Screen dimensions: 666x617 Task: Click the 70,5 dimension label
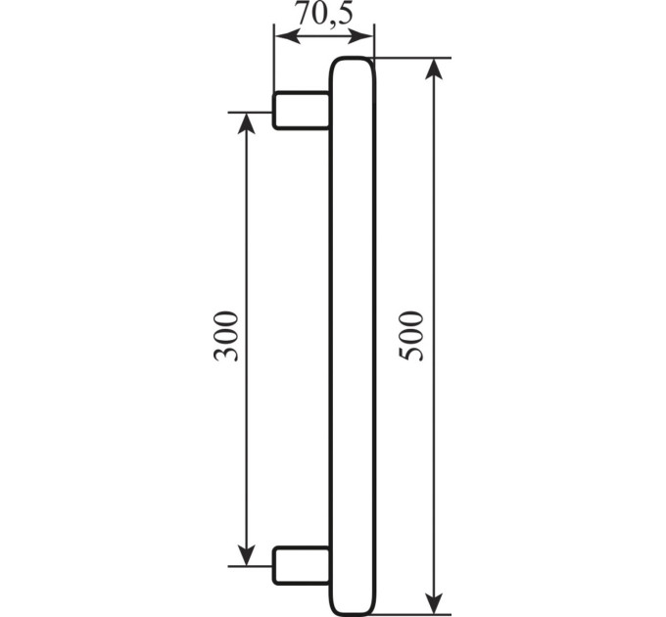pyautogui.click(x=323, y=14)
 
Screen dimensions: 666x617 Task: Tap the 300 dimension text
pyautogui.click(x=225, y=336)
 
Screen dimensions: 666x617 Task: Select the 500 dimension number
pyautogui.click(x=411, y=336)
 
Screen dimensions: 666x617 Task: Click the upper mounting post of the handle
pyautogui.click(x=301, y=110)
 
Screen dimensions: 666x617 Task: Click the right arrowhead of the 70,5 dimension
pyautogui.click(x=360, y=37)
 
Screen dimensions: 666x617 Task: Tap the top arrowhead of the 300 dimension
pyautogui.click(x=246, y=123)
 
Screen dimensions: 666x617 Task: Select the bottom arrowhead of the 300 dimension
pyautogui.click(x=246, y=555)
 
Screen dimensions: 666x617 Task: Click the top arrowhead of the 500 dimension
pyautogui.click(x=433, y=69)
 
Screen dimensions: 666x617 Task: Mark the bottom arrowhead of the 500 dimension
pyautogui.click(x=433, y=603)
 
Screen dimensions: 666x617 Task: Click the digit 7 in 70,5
pyautogui.click(x=304, y=14)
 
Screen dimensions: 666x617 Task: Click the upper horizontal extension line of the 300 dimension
pyautogui.click(x=250, y=113)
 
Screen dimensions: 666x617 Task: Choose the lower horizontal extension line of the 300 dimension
pyautogui.click(x=250, y=566)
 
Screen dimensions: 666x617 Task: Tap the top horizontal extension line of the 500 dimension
pyautogui.click(x=412, y=58)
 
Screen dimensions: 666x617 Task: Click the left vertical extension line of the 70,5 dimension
pyautogui.click(x=274, y=58)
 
